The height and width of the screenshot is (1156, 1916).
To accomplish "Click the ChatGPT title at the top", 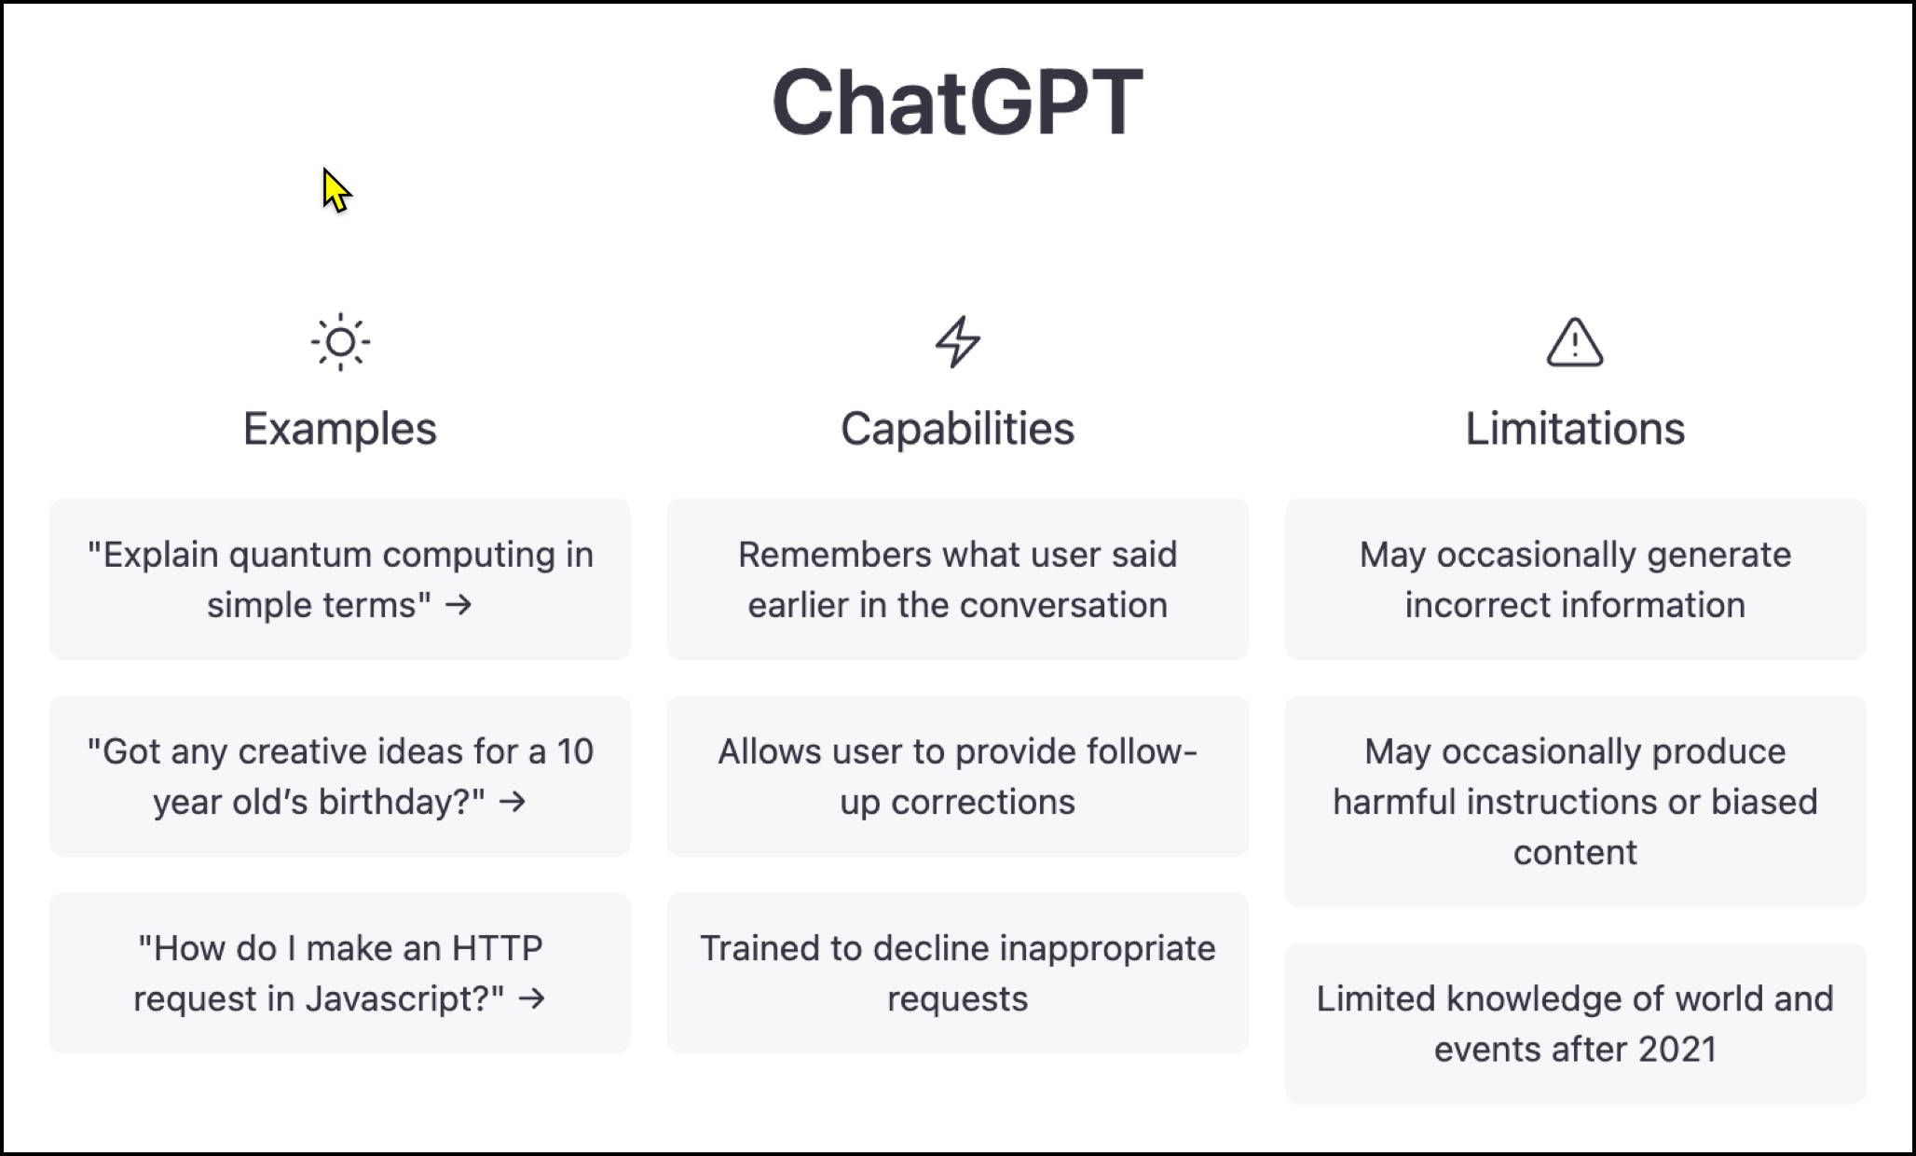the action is point(957,102).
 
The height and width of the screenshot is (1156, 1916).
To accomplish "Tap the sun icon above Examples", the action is point(340,342).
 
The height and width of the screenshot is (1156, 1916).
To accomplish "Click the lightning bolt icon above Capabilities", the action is point(958,342).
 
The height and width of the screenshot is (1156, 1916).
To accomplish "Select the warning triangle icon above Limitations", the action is point(1575,342).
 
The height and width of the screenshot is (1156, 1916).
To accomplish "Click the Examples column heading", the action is point(340,430).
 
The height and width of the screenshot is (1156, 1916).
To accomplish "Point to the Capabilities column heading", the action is point(958,430).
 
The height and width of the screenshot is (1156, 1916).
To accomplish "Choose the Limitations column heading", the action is point(1575,429).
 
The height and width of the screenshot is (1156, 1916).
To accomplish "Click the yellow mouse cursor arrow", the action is point(336,190).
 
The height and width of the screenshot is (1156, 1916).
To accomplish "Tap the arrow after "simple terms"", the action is point(458,605).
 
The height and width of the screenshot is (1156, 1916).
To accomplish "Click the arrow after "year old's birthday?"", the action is point(513,802).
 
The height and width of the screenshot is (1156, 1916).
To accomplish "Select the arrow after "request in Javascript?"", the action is point(532,998).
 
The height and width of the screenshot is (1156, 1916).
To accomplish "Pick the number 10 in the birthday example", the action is point(575,751).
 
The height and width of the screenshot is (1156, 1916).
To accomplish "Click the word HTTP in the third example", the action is point(497,948).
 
